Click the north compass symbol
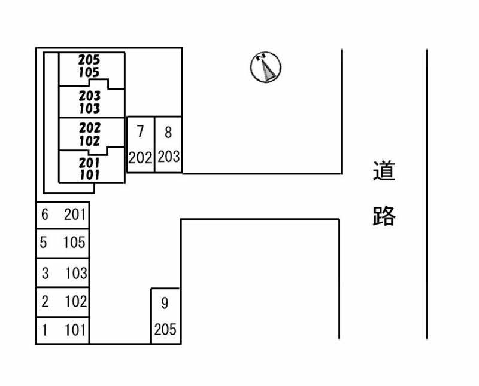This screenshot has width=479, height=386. click(x=265, y=67)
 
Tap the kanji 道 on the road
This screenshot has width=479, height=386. click(x=384, y=171)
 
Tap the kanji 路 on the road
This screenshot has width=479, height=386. click(x=384, y=216)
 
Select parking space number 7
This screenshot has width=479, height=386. click(x=141, y=145)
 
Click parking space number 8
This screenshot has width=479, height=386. click(x=168, y=145)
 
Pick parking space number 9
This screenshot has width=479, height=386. click(x=166, y=316)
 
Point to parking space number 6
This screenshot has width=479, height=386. click(x=63, y=215)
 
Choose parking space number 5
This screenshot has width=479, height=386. click(x=63, y=243)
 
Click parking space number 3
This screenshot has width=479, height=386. click(x=63, y=272)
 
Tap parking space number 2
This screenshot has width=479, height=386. click(x=63, y=302)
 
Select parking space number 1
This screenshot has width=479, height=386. click(x=63, y=330)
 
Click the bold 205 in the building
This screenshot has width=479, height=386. click(x=89, y=60)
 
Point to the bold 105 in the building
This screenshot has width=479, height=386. click(x=89, y=72)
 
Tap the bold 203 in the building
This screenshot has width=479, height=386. click(x=89, y=96)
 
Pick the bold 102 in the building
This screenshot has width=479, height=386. click(x=89, y=141)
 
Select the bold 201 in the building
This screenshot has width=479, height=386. click(x=89, y=163)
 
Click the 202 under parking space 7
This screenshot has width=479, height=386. click(x=140, y=158)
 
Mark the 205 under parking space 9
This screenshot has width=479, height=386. click(x=165, y=330)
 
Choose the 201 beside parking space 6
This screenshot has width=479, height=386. click(x=75, y=215)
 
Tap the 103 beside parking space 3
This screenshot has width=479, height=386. click(x=76, y=273)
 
